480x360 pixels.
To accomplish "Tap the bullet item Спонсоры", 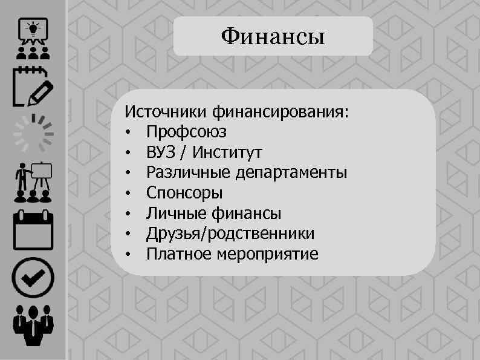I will pyautogui.click(x=184, y=193).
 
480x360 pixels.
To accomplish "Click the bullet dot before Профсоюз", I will pyautogui.click(x=128, y=133).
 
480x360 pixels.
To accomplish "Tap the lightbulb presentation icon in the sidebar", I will pyautogui.click(x=33, y=34).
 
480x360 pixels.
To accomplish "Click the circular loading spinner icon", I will pyautogui.click(x=33, y=133).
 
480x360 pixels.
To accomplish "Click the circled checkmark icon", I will pyautogui.click(x=33, y=278).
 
